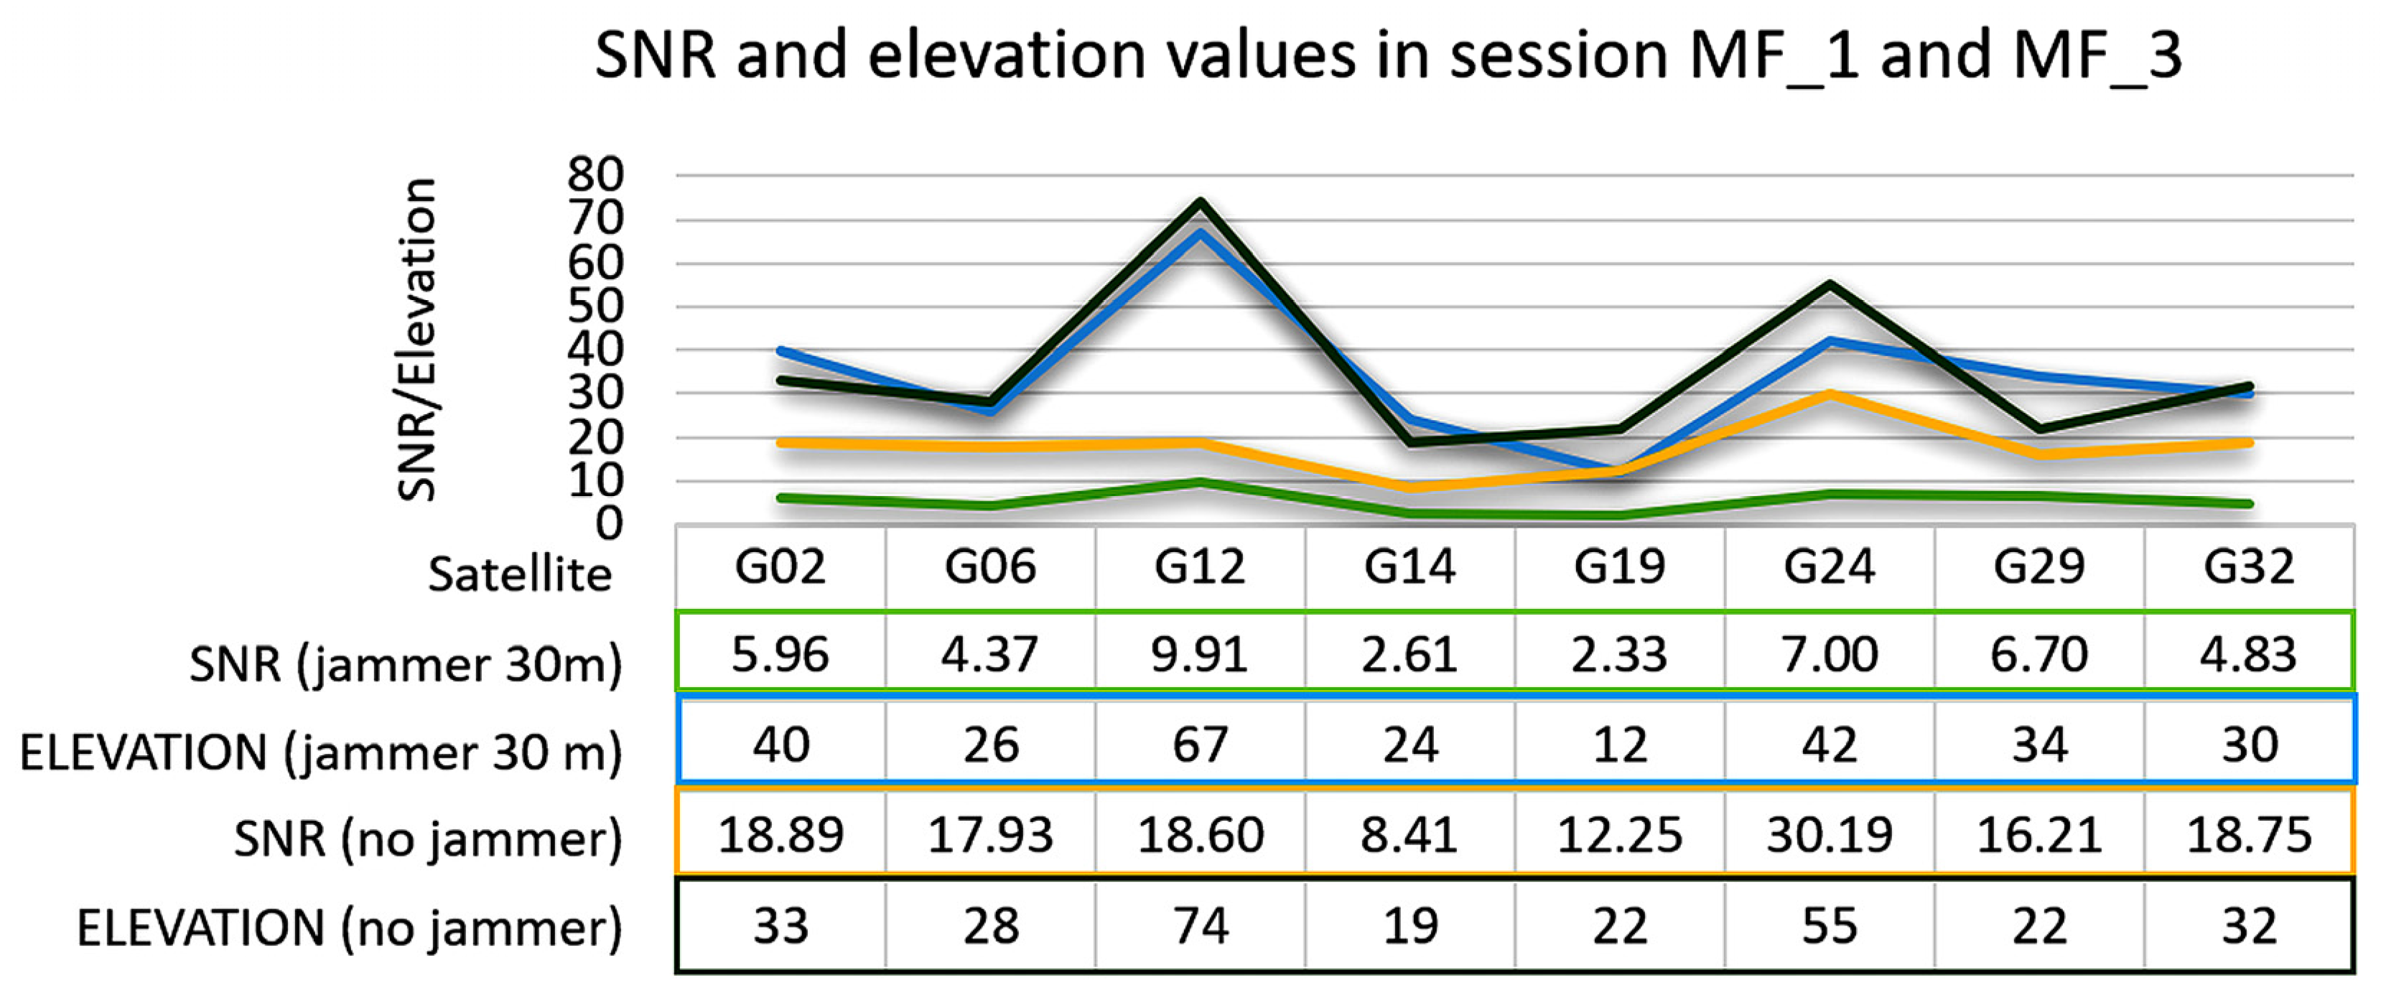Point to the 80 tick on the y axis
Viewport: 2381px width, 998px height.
596,174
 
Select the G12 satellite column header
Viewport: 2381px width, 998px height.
1199,566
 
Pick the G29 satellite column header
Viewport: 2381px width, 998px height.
2039,566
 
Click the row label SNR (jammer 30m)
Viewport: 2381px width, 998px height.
406,663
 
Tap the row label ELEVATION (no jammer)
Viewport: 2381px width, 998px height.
350,928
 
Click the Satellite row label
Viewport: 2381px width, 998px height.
519,575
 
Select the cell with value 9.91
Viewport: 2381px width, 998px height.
1199,654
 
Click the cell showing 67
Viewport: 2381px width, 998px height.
1199,744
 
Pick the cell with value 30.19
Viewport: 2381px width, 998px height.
1830,834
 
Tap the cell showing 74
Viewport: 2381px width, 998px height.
1199,925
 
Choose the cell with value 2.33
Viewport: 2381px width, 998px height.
1619,654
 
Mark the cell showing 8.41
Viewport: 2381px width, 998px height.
1409,834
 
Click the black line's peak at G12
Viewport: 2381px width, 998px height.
1200,202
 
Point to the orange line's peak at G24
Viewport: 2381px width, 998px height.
1830,395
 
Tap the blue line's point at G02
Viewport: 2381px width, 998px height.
782,351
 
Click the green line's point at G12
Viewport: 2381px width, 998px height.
1200,482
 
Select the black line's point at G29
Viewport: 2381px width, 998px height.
2039,429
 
